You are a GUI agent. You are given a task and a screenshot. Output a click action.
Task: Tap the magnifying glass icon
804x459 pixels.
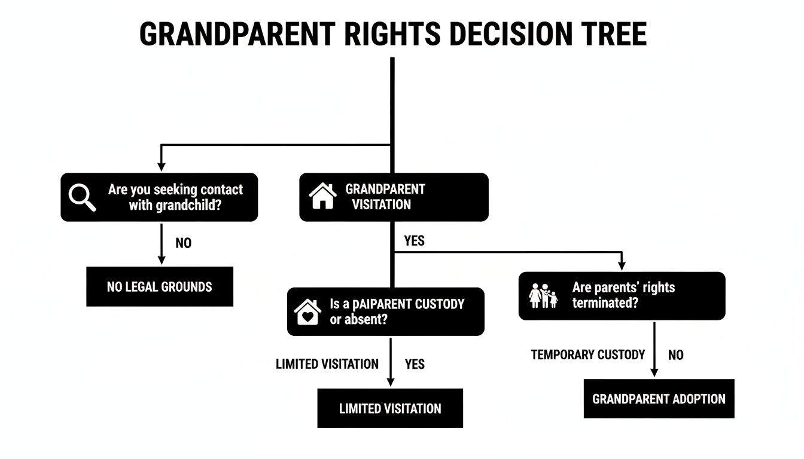pos(82,197)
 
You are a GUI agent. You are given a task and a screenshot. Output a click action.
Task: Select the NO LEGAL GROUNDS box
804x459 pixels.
pos(159,287)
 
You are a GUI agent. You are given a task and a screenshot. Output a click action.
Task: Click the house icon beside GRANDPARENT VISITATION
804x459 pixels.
pos(322,197)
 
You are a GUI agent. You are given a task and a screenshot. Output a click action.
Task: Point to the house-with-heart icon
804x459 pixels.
pos(307,312)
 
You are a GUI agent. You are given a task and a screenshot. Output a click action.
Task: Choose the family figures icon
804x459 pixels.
pos(543,296)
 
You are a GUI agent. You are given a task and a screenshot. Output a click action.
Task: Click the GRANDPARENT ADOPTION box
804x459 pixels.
pos(659,399)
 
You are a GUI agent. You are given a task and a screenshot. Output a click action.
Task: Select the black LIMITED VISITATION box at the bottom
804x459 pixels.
pos(390,409)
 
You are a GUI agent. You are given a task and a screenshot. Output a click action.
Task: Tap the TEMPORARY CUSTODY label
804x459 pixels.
pos(587,355)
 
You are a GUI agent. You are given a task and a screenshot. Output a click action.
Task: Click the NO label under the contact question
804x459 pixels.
pos(184,244)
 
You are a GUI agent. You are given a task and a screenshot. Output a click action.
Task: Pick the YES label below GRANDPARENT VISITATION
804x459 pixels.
pos(414,241)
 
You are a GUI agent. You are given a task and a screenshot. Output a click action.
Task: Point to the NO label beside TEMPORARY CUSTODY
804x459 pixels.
pos(675,355)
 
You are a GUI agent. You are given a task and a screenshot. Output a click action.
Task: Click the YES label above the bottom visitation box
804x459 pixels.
pos(415,364)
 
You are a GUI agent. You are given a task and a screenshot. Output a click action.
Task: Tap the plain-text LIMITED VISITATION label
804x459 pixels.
pos(327,364)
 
